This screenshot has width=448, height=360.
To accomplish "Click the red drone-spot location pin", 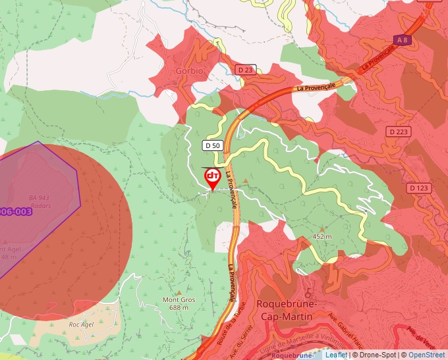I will click(x=213, y=178).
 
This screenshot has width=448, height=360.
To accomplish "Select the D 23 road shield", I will click(x=245, y=70).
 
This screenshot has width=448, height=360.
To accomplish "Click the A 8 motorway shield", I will click(x=402, y=41).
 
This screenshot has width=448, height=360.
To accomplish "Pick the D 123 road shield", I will click(x=418, y=188).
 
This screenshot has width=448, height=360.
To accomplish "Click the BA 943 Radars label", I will click(x=39, y=201).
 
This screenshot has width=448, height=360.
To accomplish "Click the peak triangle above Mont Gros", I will click(x=179, y=292).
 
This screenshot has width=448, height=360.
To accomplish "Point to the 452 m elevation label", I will click(x=322, y=236).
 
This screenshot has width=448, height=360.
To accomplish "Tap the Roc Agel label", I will click(x=83, y=324).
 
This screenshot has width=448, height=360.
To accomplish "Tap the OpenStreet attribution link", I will click(x=428, y=355).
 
